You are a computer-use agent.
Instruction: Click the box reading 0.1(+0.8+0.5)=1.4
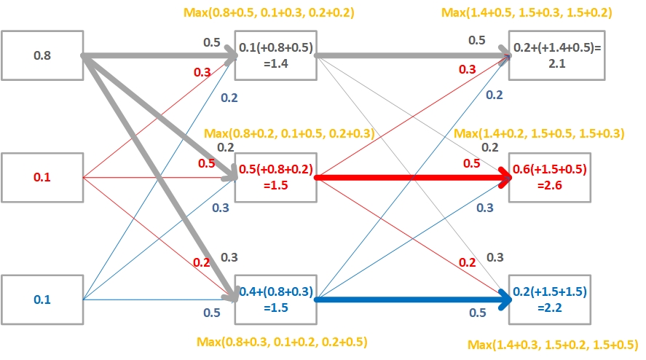(x=275, y=55)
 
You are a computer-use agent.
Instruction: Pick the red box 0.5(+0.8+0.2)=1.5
(x=275, y=177)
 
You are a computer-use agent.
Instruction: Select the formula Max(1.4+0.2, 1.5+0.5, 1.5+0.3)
(x=539, y=133)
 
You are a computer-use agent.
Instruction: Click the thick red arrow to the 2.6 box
(x=408, y=177)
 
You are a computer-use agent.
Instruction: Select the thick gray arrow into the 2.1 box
(x=408, y=55)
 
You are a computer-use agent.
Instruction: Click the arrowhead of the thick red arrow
(x=504, y=177)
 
